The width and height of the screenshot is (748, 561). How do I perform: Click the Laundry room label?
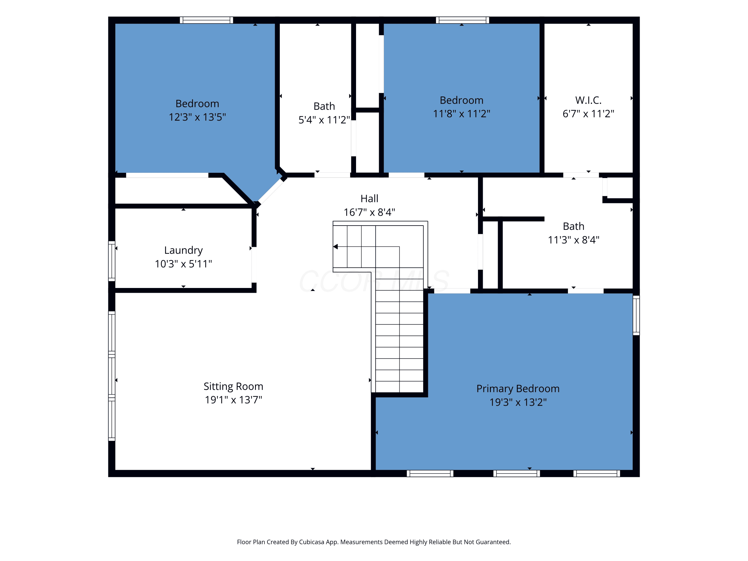(x=183, y=250)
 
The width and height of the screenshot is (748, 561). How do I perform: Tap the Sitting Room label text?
(x=233, y=386)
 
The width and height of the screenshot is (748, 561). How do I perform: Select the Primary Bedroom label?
(x=518, y=388)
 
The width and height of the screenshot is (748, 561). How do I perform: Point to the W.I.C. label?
(x=588, y=100)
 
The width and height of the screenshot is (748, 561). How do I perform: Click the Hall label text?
(x=369, y=198)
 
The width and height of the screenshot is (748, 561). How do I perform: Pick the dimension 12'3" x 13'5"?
(x=197, y=117)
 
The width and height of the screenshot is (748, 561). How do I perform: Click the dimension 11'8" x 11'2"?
(x=462, y=114)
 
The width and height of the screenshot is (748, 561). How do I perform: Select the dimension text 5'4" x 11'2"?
(x=324, y=120)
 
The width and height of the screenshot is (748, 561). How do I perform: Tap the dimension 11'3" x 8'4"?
(x=573, y=240)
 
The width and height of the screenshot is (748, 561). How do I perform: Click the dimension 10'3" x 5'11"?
(x=183, y=264)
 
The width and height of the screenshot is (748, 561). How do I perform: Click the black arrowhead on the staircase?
(x=335, y=247)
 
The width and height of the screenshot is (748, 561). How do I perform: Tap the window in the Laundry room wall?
(x=112, y=261)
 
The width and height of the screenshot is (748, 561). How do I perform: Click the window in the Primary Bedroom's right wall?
(x=636, y=315)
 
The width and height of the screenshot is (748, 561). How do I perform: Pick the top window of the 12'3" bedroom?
(x=206, y=20)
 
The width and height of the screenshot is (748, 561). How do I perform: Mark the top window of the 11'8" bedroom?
(x=462, y=20)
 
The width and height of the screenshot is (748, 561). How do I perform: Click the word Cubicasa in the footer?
(x=311, y=542)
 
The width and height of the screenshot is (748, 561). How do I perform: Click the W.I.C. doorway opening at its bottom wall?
(x=581, y=175)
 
